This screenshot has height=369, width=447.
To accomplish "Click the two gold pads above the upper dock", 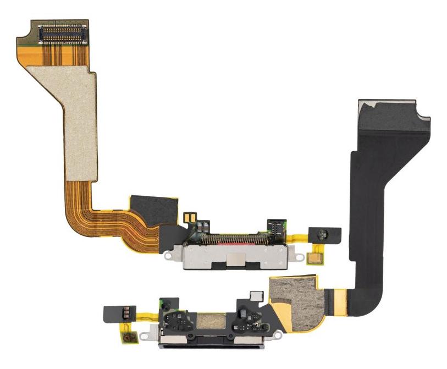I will click(x=190, y=217).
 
